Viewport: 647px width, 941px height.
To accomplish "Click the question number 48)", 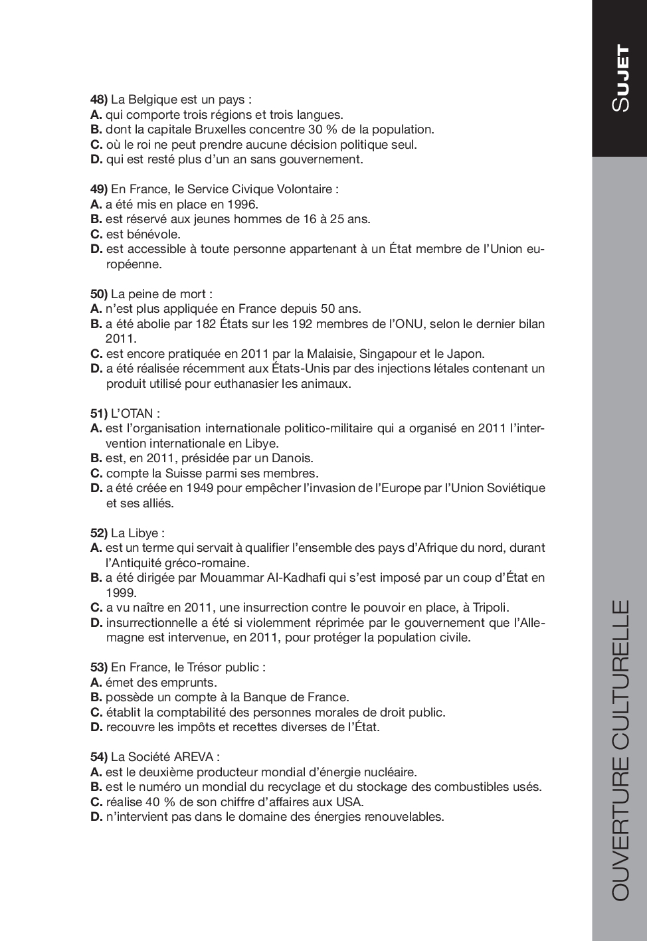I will (98, 100).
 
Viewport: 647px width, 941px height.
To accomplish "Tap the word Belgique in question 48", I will (152, 100).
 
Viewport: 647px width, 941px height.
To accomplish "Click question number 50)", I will (98, 294).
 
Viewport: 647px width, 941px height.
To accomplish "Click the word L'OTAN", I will (133, 413).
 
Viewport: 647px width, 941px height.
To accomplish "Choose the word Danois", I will (291, 458).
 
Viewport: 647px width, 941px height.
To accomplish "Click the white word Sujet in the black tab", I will (620, 78).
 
